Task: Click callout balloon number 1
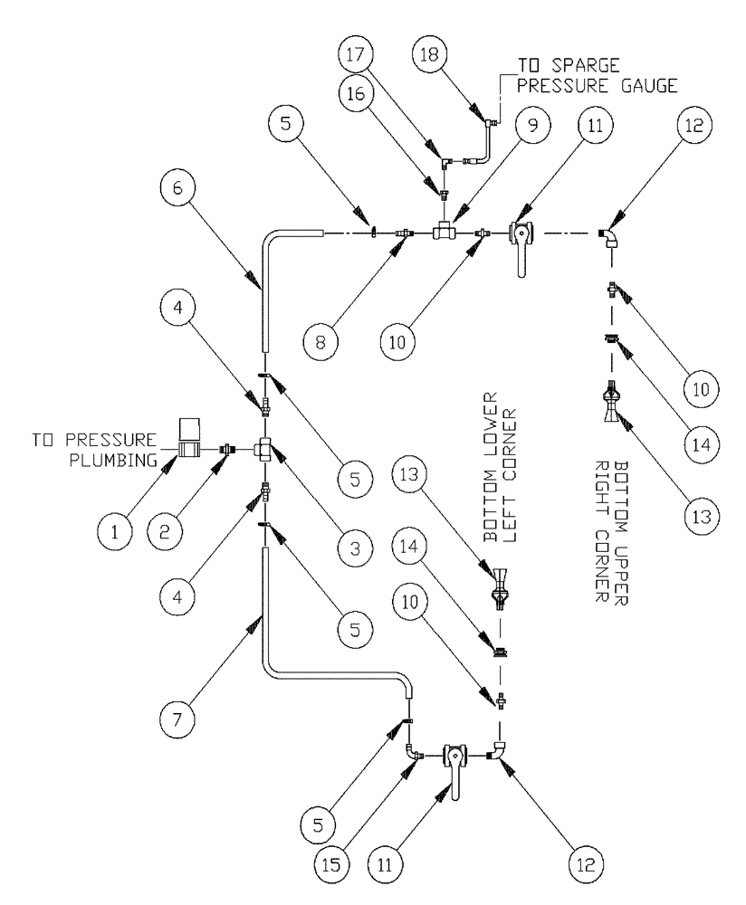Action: click(x=114, y=531)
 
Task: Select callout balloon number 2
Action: click(x=165, y=531)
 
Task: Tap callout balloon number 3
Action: click(x=355, y=548)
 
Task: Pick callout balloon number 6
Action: click(x=177, y=188)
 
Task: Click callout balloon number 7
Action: click(x=177, y=719)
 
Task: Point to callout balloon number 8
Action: click(x=321, y=342)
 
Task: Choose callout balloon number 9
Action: click(x=532, y=125)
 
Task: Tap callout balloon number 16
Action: click(x=357, y=93)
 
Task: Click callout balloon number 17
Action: click(x=357, y=55)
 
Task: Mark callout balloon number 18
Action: click(x=430, y=55)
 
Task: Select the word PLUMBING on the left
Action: click(x=113, y=460)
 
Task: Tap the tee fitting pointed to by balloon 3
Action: click(x=264, y=449)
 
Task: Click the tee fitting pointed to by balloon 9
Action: click(x=444, y=232)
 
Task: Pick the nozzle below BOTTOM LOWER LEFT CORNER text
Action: click(x=501, y=587)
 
